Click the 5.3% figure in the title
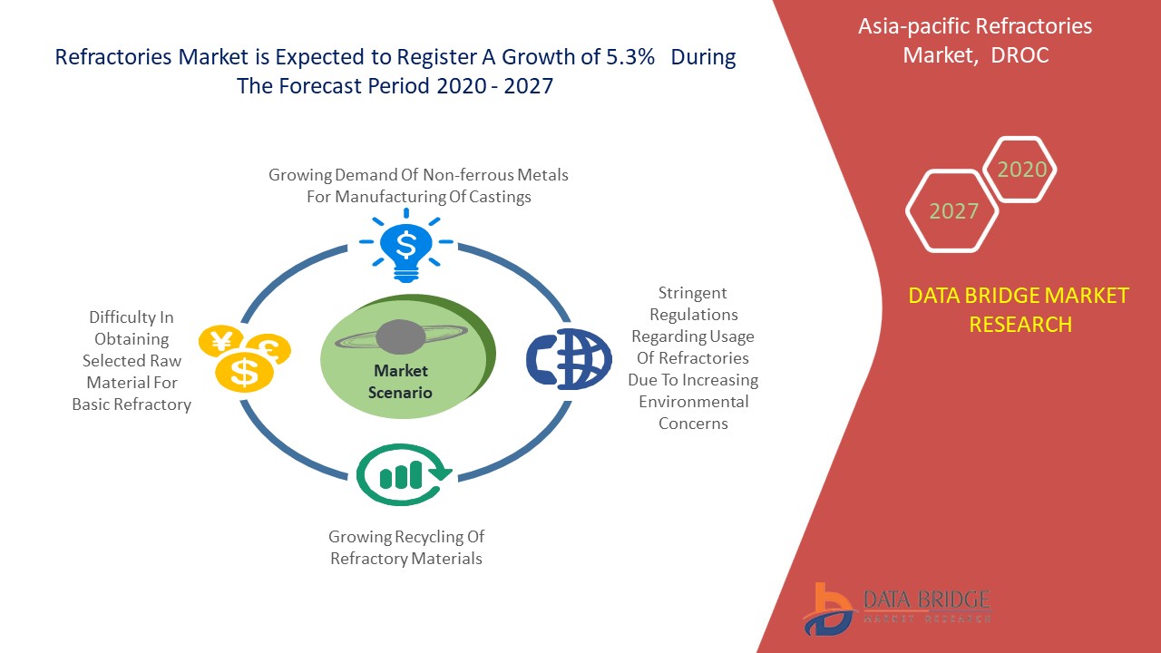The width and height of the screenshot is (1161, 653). click(x=629, y=57)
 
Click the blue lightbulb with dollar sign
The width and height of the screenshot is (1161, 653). click(x=406, y=246)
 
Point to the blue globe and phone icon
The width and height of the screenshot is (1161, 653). click(x=569, y=358)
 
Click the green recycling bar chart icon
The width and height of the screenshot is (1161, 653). click(x=405, y=474)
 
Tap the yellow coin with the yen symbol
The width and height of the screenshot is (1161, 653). click(x=221, y=341)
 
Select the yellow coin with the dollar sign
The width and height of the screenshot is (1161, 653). click(x=244, y=373)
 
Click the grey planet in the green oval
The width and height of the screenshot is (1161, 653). click(x=401, y=337)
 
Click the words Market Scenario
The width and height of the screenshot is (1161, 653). click(x=400, y=382)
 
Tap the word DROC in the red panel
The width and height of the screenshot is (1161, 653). click(x=1020, y=55)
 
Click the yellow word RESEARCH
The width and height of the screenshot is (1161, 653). click(x=1020, y=325)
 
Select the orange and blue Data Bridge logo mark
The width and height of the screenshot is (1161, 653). click(x=828, y=609)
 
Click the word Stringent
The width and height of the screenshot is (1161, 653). click(x=692, y=293)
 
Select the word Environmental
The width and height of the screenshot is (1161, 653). click(x=694, y=402)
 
